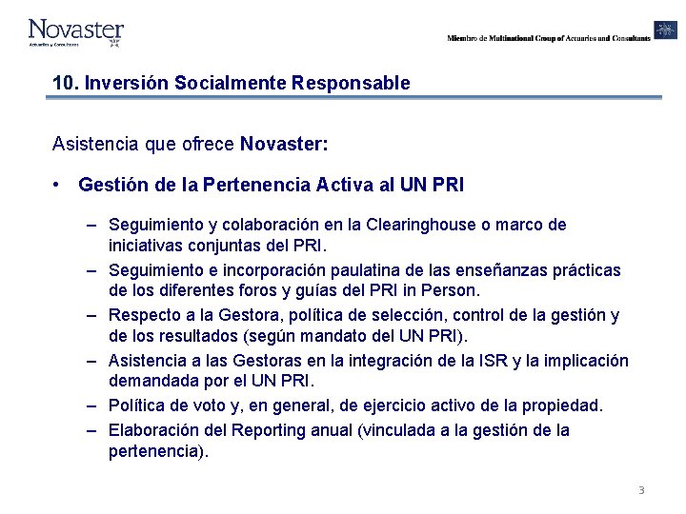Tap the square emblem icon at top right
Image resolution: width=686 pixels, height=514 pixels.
[x=665, y=30]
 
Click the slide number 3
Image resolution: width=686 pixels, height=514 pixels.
[x=641, y=490]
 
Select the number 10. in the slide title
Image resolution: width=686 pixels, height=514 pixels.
[x=66, y=83]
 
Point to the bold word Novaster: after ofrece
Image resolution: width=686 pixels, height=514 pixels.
[x=284, y=145]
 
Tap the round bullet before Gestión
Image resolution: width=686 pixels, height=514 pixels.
[x=59, y=184]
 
